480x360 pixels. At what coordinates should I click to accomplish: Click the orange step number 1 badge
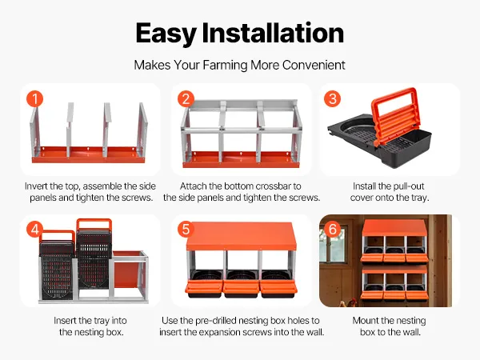tap(34, 98)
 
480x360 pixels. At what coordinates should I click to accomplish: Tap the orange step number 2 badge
tap(186, 99)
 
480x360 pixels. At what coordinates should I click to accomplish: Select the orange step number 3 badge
tap(333, 98)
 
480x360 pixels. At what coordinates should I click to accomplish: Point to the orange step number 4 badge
tap(34, 230)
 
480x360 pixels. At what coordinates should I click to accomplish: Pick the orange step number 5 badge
tap(186, 230)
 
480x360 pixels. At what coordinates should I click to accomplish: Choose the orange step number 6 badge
tap(333, 229)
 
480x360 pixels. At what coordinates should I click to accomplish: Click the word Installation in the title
tap(273, 33)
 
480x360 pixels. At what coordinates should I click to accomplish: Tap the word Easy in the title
tap(166, 33)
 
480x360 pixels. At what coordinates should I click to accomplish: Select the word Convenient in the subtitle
tap(314, 65)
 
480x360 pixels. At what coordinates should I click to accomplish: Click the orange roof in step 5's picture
tap(242, 236)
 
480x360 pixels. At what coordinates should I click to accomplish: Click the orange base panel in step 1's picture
tap(88, 154)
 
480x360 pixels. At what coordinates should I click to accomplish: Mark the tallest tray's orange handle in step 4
tap(94, 224)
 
